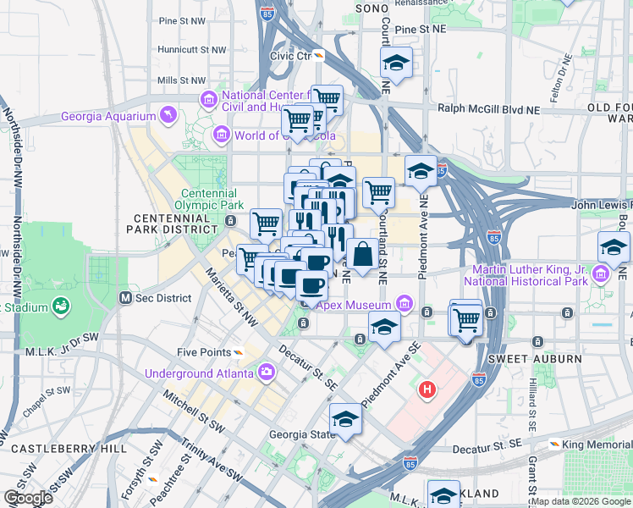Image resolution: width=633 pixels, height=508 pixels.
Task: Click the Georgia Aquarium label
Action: (107, 117)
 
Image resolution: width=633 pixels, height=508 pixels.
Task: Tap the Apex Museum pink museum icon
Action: (404, 304)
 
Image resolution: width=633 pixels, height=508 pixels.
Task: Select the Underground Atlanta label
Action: (199, 373)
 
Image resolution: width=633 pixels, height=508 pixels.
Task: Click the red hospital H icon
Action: (428, 389)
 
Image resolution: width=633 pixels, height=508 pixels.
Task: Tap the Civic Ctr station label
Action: (291, 56)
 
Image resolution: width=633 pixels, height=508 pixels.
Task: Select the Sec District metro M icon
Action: (125, 297)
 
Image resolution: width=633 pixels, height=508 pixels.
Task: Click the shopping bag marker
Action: (362, 254)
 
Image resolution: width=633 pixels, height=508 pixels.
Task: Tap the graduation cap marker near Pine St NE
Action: (395, 63)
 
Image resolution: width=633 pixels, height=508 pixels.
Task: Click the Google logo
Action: (28, 498)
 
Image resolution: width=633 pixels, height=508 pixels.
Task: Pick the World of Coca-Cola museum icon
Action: (222, 135)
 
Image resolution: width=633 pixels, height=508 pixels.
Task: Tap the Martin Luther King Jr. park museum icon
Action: (601, 274)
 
